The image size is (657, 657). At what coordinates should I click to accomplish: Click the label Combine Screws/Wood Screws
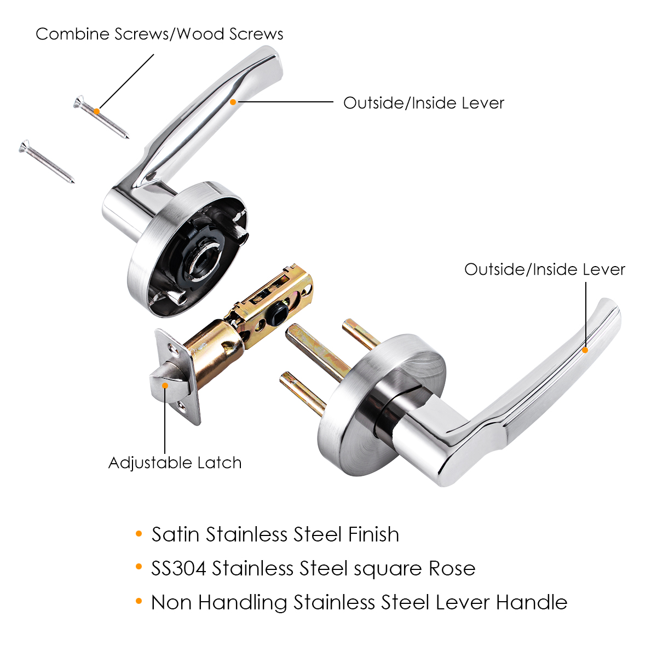(159, 34)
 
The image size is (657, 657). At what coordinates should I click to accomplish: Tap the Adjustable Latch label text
(175, 463)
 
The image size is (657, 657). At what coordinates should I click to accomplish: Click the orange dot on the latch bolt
(165, 385)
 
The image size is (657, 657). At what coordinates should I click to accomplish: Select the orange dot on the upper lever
(233, 102)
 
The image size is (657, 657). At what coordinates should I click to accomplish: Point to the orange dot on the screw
(97, 112)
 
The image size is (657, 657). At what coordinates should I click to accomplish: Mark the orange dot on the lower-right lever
(585, 350)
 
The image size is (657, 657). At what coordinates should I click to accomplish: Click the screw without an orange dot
(47, 162)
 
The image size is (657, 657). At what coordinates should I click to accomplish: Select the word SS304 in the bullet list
(178, 568)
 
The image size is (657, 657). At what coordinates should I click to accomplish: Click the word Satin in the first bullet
(176, 534)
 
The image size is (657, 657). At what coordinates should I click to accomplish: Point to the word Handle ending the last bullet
(532, 602)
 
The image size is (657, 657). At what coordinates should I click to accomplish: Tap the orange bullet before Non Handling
(139, 601)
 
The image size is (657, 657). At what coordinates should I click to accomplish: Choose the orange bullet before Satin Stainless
(139, 533)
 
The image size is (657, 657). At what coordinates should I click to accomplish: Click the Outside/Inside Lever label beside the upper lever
(424, 103)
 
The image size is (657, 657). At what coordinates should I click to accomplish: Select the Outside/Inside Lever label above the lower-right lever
(545, 269)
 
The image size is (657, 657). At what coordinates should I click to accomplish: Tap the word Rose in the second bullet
(452, 568)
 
